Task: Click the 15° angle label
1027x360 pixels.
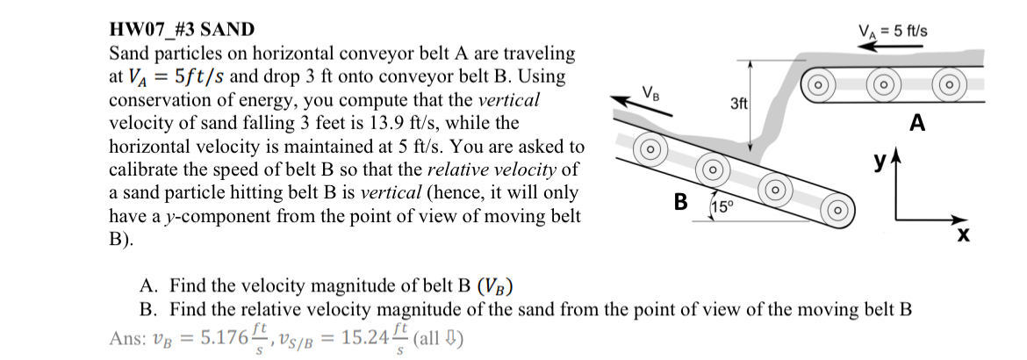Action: tap(722, 208)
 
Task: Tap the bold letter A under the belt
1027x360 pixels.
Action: tap(918, 124)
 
